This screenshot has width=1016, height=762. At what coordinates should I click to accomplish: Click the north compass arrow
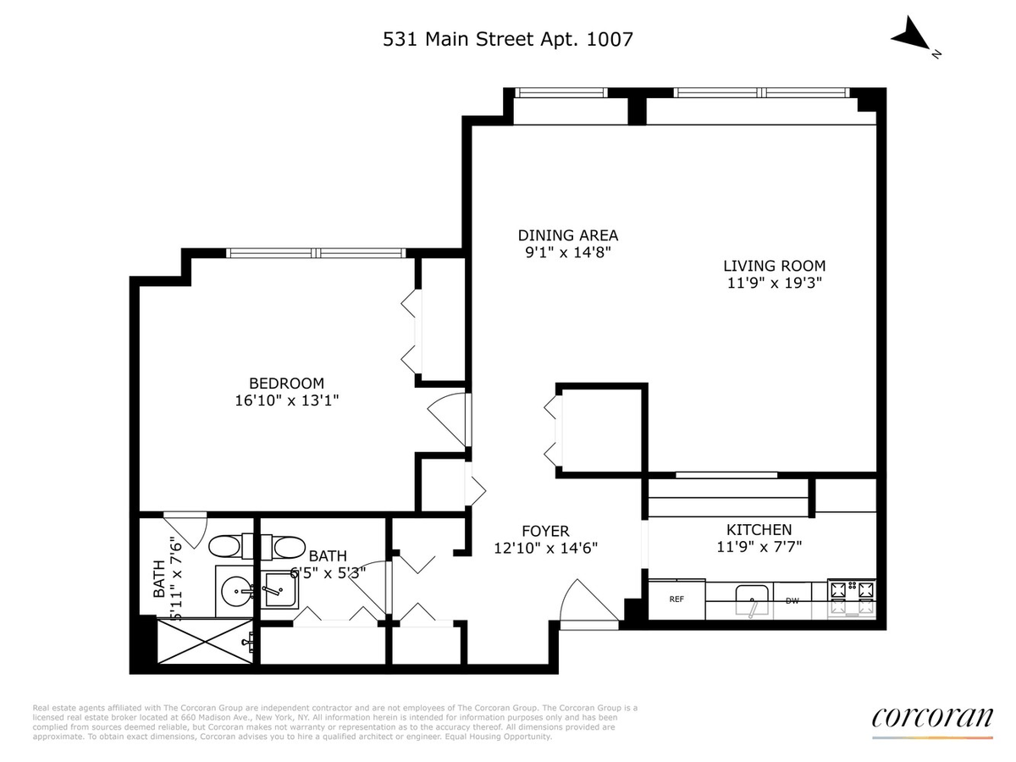(909, 35)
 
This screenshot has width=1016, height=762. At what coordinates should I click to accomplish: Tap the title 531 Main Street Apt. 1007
(507, 39)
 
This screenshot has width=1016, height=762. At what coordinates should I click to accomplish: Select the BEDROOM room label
(286, 383)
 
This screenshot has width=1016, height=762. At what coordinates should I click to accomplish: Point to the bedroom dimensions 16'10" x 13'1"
(286, 400)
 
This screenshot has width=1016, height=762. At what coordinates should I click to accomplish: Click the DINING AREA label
(568, 235)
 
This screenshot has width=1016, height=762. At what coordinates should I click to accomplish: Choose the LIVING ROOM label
(775, 266)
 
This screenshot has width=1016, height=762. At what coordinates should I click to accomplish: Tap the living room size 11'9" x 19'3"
(775, 283)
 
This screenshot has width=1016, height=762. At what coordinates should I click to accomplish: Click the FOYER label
(546, 531)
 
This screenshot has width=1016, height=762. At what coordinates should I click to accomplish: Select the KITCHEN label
(759, 529)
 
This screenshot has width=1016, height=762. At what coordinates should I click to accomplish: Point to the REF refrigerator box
(676, 599)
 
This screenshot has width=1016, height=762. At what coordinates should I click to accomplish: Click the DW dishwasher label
(792, 601)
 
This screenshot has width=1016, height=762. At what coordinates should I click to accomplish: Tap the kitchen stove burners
(852, 598)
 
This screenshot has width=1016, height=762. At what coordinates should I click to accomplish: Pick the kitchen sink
(752, 599)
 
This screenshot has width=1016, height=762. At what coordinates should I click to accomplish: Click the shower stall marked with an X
(205, 641)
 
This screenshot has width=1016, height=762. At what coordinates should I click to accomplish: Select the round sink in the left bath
(236, 591)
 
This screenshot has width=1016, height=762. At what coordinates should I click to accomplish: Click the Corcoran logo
(932, 718)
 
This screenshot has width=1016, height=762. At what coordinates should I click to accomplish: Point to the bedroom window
(316, 253)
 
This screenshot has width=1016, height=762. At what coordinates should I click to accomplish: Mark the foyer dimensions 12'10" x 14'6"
(546, 548)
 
